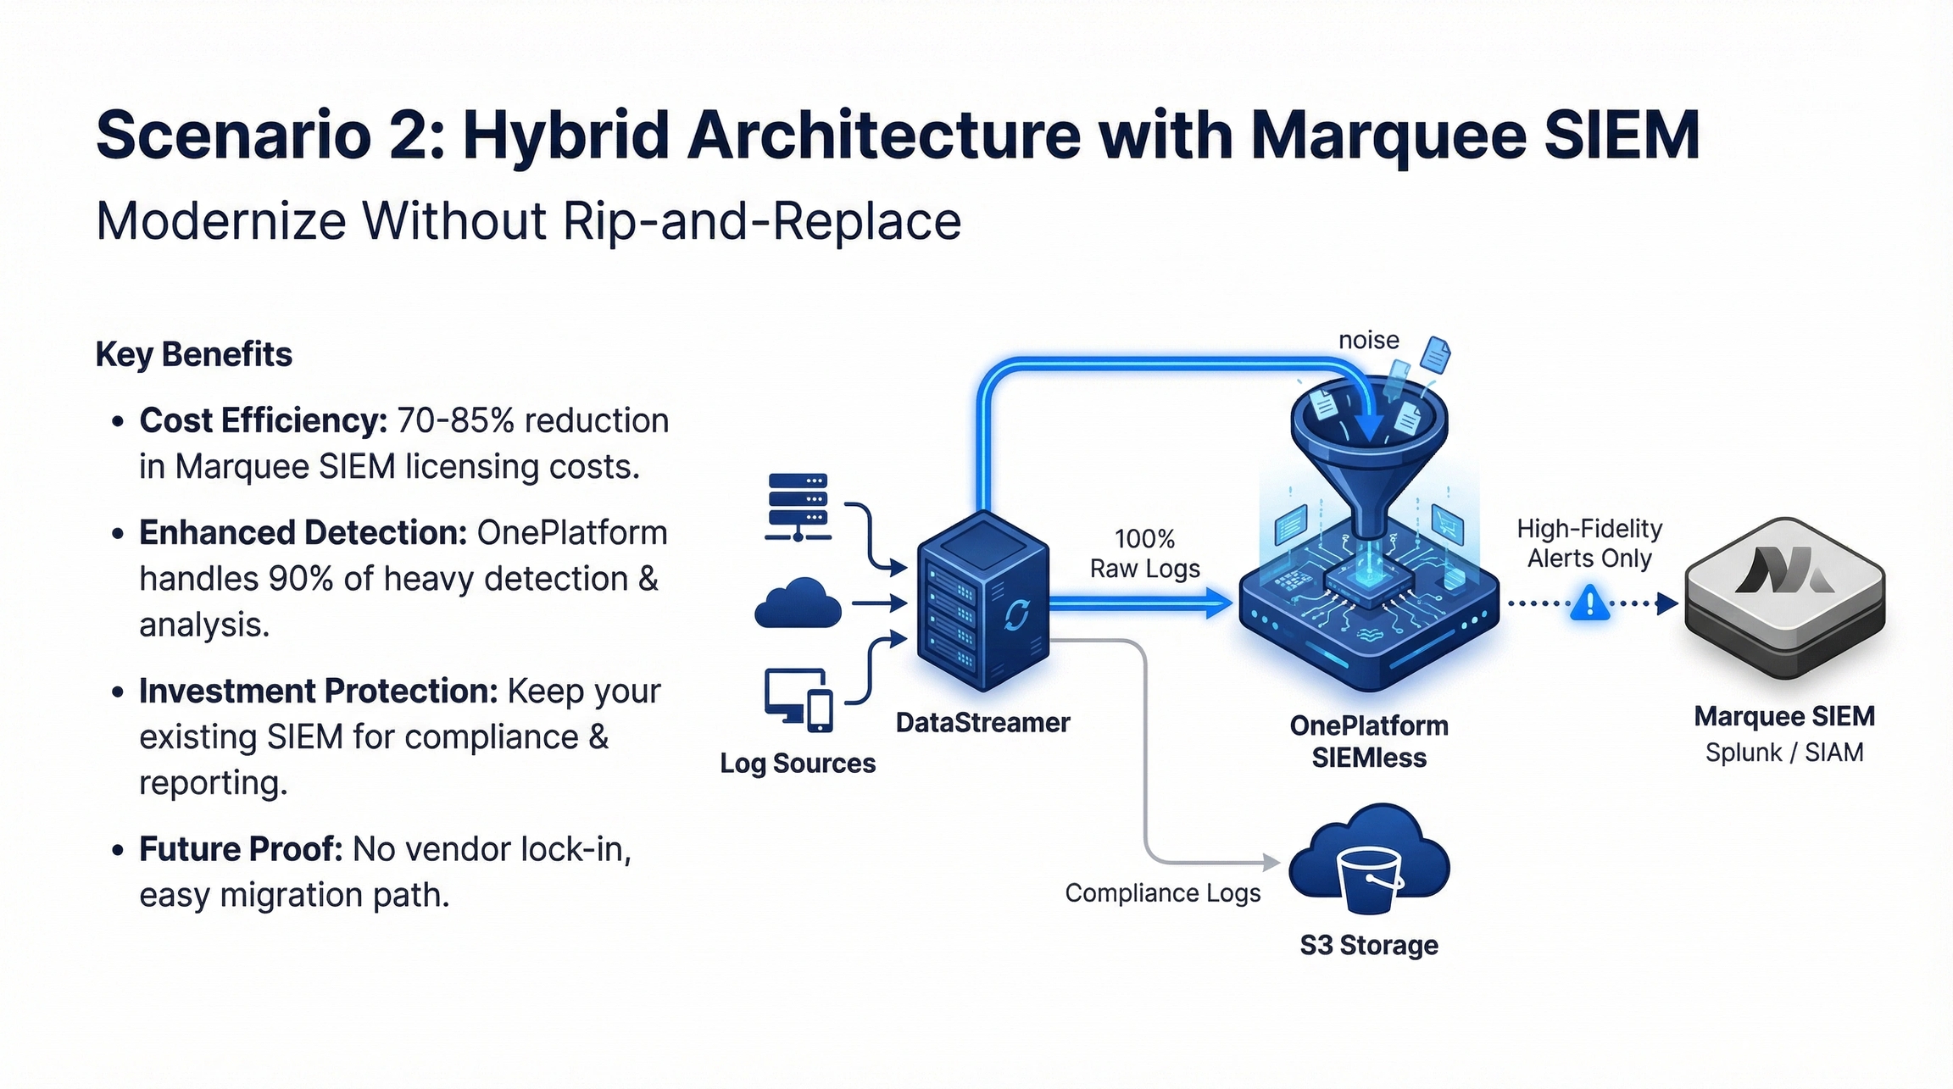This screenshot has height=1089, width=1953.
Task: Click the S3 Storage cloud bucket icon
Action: (x=1368, y=861)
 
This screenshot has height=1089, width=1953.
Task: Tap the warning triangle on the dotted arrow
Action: (x=1589, y=603)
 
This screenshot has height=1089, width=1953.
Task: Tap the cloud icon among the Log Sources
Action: (x=798, y=603)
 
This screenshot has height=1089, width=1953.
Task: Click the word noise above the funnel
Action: (x=1368, y=340)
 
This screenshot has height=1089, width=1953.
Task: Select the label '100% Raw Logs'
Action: (x=1144, y=553)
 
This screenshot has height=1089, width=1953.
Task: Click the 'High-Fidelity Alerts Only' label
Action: (x=1589, y=543)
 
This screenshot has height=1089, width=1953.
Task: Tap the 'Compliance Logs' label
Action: (x=1162, y=892)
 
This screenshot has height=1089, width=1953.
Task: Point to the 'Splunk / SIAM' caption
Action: (x=1784, y=752)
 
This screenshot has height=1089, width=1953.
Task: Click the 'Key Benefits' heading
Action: (x=193, y=354)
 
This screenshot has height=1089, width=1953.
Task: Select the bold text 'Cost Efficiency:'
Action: (x=263, y=420)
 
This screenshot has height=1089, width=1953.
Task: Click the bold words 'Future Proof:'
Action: (x=241, y=849)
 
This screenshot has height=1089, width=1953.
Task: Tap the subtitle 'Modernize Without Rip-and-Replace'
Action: (x=528, y=222)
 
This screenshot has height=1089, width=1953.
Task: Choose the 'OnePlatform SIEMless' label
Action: (x=1368, y=742)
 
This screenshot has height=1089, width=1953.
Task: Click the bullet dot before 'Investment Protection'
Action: (x=119, y=692)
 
